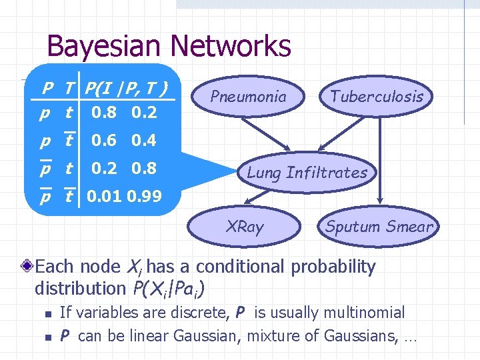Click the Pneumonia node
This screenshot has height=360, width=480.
click(248, 97)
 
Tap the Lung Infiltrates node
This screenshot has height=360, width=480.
click(307, 173)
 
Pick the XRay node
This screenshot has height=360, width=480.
click(245, 227)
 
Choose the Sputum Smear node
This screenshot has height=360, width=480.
click(379, 227)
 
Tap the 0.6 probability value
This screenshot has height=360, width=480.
click(104, 141)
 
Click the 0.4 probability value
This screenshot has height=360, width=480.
click(144, 141)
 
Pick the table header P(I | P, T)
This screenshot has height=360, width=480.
click(125, 87)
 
